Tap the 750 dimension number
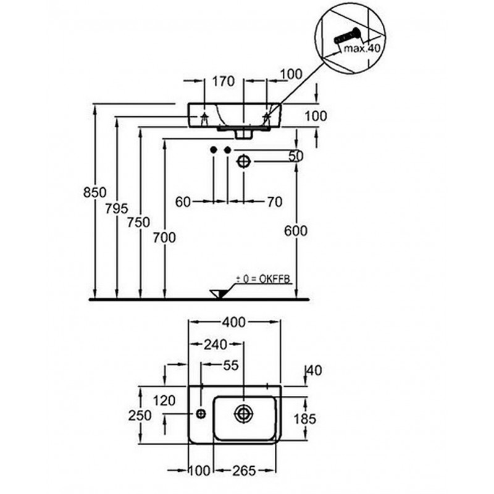138,222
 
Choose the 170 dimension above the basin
224,80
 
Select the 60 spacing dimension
183,201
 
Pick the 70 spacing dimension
274,201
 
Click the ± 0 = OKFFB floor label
264,279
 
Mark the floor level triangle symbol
217,293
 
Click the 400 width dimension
235,322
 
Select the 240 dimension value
216,344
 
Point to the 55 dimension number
230,366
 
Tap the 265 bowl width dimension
245,471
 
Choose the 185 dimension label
303,419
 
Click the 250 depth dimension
141,415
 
